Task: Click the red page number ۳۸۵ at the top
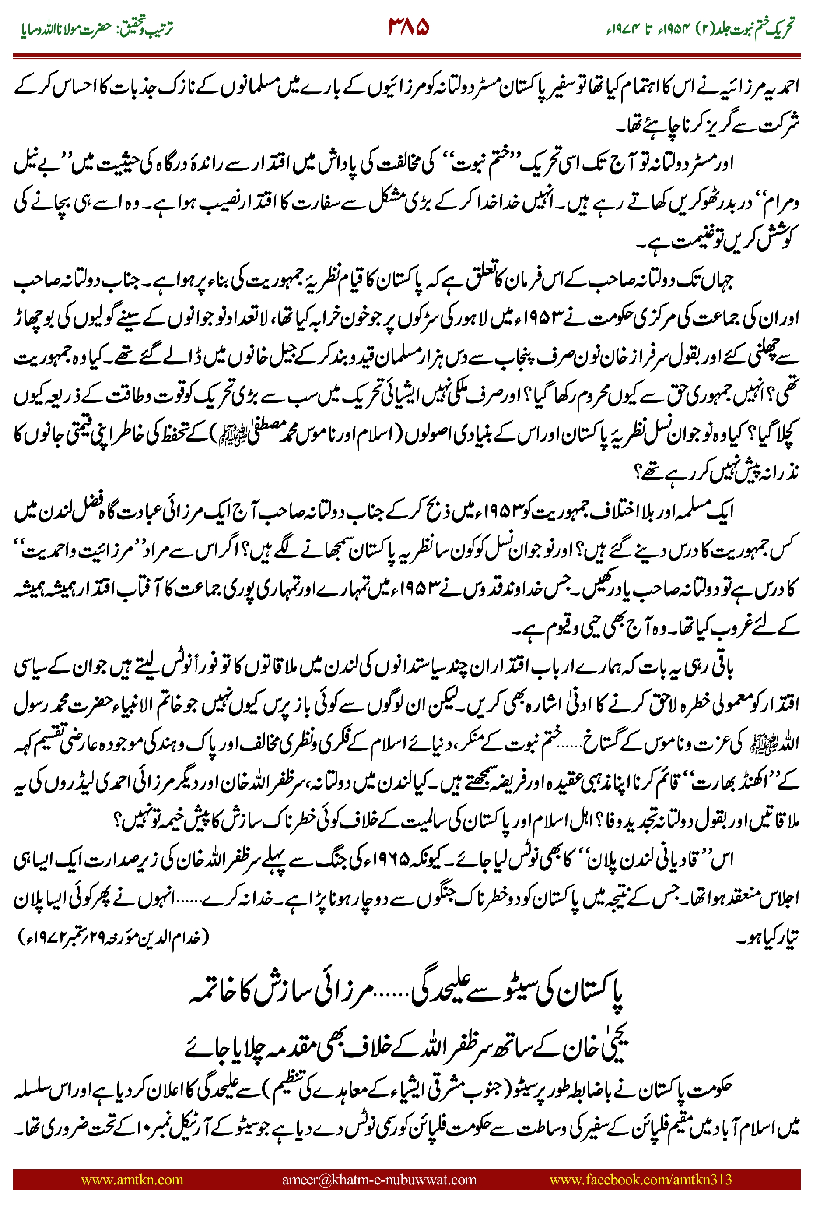[x=409, y=27]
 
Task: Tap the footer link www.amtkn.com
[x=132, y=1179]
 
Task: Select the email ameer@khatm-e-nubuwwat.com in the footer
[x=379, y=1179]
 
